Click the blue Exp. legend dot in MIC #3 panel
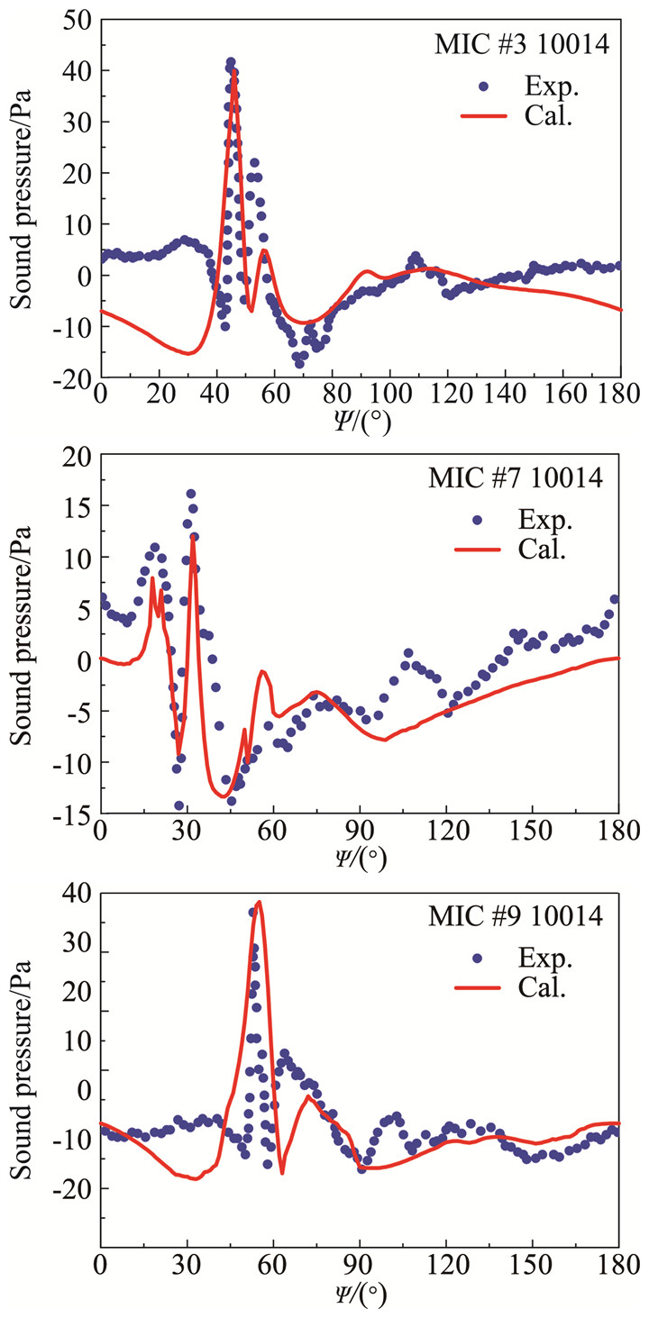point(485,86)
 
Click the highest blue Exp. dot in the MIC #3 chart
point(231,63)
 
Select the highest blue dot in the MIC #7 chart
point(191,494)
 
